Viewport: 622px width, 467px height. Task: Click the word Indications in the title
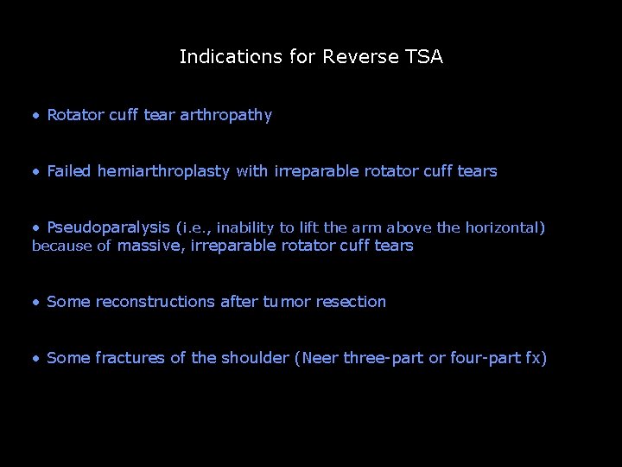point(231,58)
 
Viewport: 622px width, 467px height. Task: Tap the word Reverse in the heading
point(360,58)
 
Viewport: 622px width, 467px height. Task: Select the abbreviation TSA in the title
point(424,58)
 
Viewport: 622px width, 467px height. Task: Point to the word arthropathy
point(225,115)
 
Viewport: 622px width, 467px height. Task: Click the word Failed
point(69,171)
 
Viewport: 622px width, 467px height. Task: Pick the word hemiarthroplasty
point(163,171)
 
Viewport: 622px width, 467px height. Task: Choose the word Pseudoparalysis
point(109,227)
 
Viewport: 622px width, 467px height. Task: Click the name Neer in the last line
point(320,358)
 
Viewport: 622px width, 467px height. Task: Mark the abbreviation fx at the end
point(532,358)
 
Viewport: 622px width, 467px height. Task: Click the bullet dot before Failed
point(35,172)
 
